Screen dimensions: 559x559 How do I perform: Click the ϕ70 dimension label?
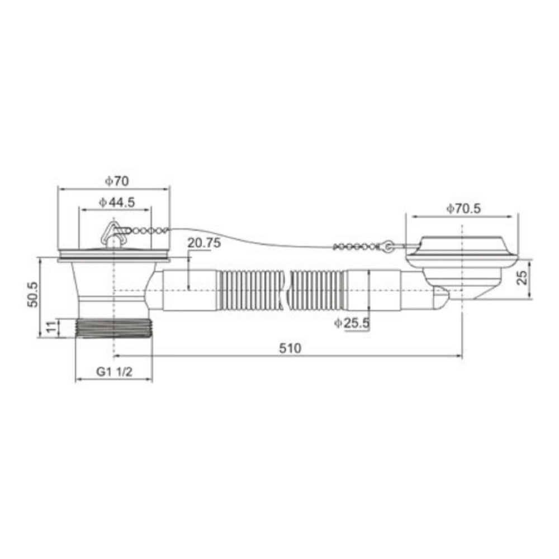coord(117,181)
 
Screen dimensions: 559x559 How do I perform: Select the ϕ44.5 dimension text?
coord(117,202)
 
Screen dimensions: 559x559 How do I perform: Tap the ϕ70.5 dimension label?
coord(463,209)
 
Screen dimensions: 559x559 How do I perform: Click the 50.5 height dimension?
coord(33,294)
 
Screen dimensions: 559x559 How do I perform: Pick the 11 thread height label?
coord(52,326)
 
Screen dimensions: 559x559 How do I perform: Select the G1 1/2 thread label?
coord(114,372)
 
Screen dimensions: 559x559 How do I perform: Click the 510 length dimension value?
coord(290,348)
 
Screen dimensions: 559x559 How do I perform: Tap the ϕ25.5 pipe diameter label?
coord(352,323)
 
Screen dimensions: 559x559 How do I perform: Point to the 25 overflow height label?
coord(522,277)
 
